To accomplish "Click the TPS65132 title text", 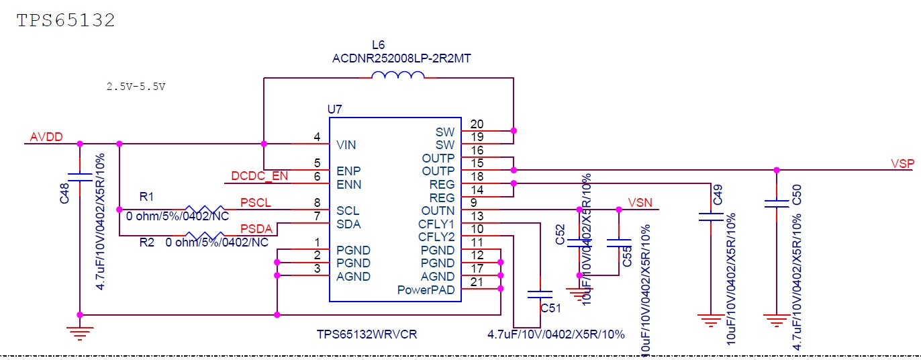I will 66,20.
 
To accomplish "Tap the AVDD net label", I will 46,137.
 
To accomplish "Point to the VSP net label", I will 902,163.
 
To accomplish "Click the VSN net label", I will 640,202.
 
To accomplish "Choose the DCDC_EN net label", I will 259,176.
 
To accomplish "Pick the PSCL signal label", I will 255,203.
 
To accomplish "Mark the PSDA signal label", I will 256,229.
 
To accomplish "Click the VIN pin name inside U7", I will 346,144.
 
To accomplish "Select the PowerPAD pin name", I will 426,290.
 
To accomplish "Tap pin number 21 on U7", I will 477,282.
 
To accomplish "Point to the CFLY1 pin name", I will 436,224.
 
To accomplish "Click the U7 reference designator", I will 335,109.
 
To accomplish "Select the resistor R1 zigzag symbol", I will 205,210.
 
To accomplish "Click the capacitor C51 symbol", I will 540,294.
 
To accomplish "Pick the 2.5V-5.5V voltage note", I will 136,87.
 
